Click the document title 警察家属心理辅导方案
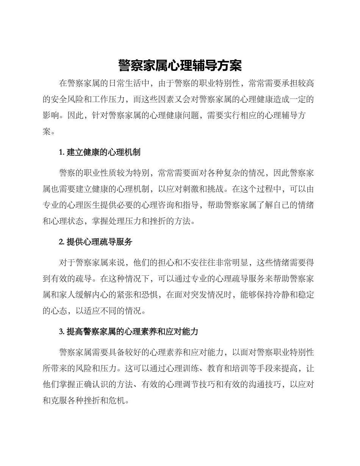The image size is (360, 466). [180, 66]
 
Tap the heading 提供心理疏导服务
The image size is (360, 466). [99, 242]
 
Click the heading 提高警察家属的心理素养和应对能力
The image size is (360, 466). [132, 332]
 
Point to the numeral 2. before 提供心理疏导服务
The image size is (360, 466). [62, 242]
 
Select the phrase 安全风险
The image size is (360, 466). [67, 99]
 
